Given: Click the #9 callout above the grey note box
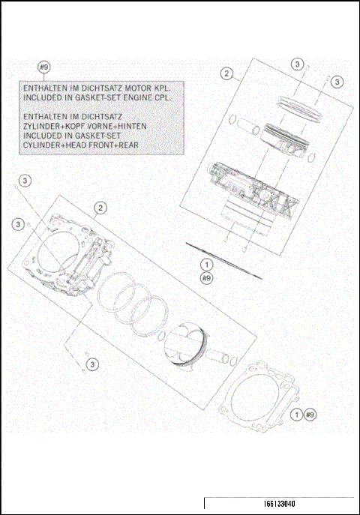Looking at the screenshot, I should coord(43,68).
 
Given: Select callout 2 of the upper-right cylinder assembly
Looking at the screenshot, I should coord(226,73).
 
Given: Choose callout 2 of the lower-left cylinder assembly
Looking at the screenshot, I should coord(100,208).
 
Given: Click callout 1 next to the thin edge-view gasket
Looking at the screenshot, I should coord(208,265).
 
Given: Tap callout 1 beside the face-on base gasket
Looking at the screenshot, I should coord(298,414).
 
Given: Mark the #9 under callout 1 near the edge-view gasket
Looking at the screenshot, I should coord(208,277).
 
